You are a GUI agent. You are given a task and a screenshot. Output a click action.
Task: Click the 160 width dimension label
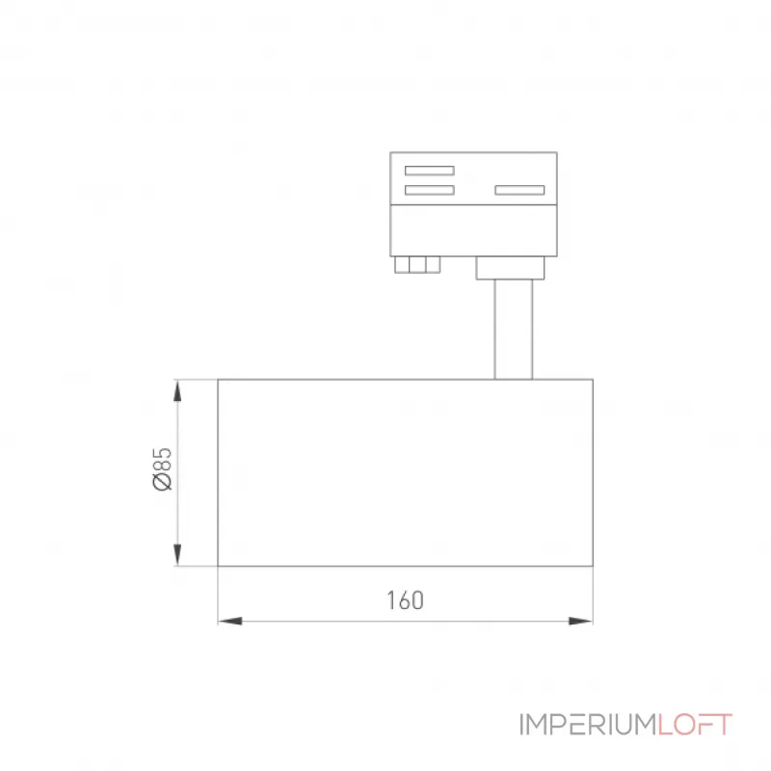point(405,600)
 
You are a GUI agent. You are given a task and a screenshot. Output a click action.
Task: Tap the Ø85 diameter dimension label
point(162,468)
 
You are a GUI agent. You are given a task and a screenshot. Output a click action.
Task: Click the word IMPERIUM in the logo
point(588,725)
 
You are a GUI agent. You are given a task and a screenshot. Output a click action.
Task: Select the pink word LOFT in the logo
point(695,725)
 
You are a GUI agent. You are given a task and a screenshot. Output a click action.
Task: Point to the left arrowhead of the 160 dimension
point(230,621)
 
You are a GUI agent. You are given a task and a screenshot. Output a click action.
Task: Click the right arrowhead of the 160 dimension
point(581,621)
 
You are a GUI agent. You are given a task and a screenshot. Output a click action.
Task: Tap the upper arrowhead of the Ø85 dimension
point(177,391)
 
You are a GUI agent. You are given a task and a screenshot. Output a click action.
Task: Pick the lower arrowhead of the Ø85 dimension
point(177,554)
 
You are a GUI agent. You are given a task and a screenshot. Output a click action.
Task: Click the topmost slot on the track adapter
point(429,171)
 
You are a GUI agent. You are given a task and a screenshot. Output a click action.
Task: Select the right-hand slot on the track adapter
point(519,190)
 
